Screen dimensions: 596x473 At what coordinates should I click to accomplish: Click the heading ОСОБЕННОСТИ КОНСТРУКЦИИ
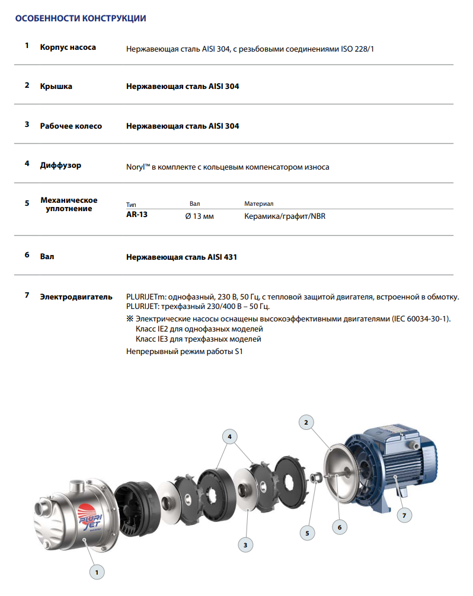(x=80, y=18)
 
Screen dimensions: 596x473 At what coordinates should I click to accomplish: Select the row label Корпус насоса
(x=68, y=47)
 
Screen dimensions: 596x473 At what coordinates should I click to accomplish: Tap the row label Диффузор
(x=60, y=165)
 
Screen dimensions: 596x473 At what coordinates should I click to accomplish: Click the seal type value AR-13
(x=137, y=215)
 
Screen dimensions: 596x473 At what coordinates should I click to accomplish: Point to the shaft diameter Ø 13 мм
(x=200, y=216)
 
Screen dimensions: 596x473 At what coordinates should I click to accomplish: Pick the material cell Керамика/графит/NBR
(x=285, y=216)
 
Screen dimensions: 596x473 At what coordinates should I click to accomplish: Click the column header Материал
(x=258, y=203)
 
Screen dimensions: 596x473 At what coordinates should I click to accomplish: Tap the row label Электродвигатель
(x=76, y=296)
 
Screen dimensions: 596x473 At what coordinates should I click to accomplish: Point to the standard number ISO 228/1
(x=357, y=48)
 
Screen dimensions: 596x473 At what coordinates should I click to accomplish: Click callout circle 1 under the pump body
(x=96, y=572)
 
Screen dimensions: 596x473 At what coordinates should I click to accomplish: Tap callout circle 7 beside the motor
(x=404, y=515)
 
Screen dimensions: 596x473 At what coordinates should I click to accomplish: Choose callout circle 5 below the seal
(x=307, y=533)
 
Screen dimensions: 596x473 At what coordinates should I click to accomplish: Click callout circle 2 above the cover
(x=306, y=422)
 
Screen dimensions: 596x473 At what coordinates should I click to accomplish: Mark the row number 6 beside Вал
(x=27, y=255)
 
